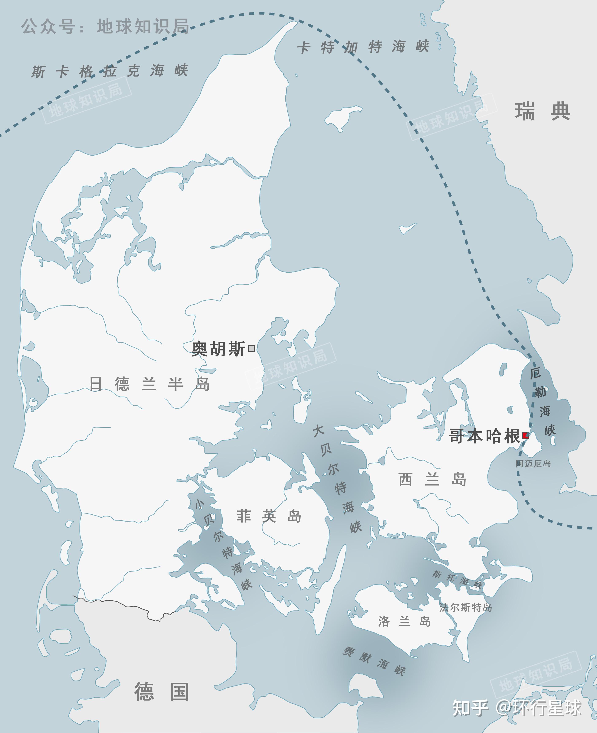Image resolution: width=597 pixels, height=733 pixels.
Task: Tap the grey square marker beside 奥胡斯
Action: click(x=251, y=348)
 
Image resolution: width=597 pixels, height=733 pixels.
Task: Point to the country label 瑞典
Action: click(x=542, y=112)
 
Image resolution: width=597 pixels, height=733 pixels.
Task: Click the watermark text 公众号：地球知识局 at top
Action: click(x=105, y=26)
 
